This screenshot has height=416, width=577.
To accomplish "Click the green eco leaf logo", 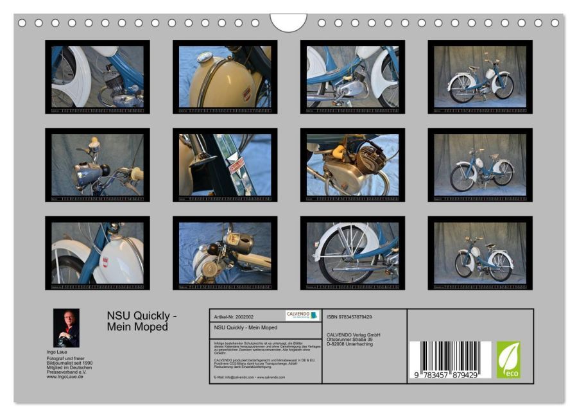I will tap(508, 360).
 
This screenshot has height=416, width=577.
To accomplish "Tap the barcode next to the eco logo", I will tap(450, 355).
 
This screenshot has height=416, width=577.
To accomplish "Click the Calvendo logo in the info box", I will tap(302, 315).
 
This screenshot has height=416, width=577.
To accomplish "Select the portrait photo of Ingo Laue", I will tap(66, 328).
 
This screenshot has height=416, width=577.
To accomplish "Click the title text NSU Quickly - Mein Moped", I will tap(142, 321).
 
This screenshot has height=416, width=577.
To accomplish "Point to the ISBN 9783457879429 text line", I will tap(349, 317).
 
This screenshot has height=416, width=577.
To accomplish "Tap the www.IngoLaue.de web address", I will tap(65, 377).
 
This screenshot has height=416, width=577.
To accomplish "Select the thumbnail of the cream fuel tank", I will tap(225, 77).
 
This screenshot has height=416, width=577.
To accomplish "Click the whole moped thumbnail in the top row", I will tap(480, 77).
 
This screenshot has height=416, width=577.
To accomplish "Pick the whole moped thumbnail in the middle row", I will tap(480, 165).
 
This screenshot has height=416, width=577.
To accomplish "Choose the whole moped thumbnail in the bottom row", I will tap(480, 253).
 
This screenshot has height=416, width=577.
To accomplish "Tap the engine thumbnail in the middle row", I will tap(352, 165).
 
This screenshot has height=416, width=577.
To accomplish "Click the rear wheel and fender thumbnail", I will tap(352, 253).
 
